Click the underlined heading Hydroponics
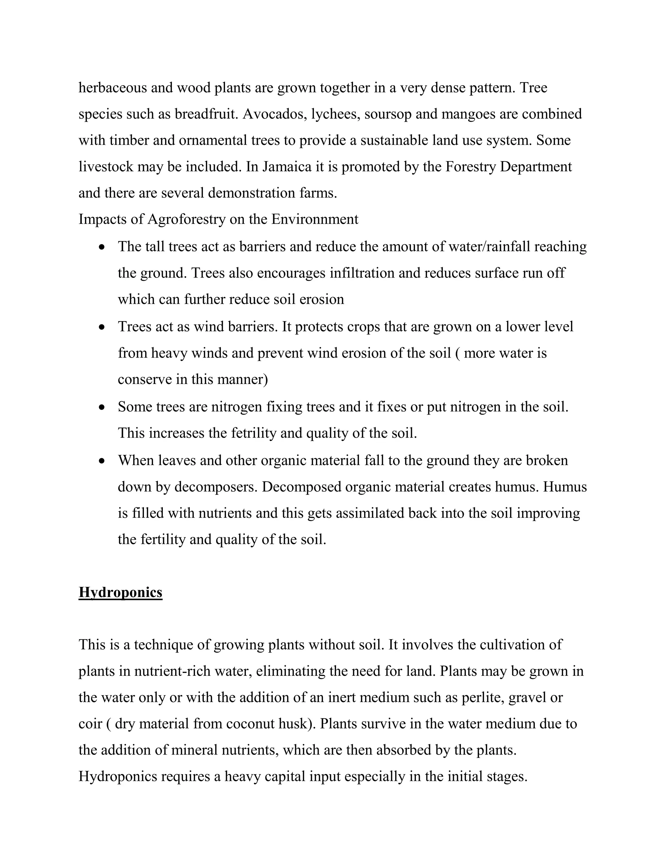coord(120,592)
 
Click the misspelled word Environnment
coord(315,219)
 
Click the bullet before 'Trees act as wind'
coord(102,328)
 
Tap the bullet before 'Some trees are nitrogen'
coord(102,407)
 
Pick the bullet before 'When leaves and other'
coord(102,461)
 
